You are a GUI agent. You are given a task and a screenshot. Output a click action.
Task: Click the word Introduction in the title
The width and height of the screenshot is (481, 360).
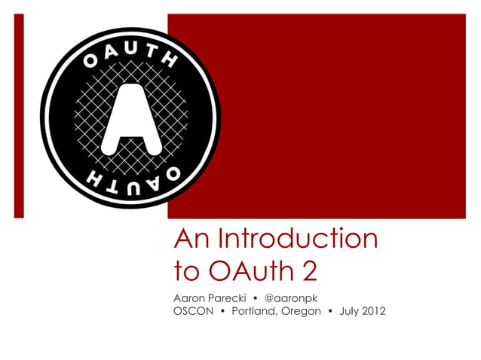click(296, 239)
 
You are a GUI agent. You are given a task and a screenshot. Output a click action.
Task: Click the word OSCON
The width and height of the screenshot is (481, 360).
click(193, 311)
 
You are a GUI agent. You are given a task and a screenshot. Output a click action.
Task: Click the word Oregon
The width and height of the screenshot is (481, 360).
click(300, 311)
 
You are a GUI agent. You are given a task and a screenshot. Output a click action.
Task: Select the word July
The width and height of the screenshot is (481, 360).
click(348, 311)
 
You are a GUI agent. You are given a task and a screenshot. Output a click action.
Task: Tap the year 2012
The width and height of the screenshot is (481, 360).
click(374, 311)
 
